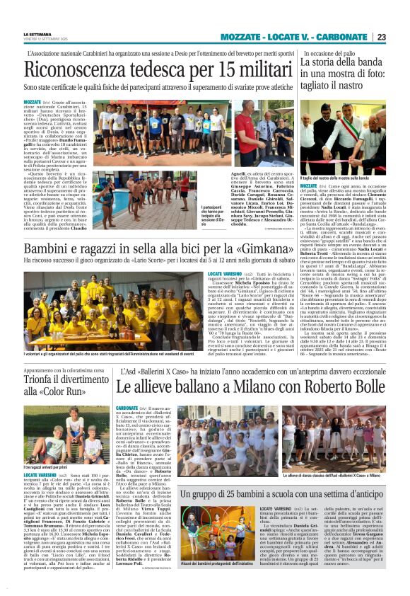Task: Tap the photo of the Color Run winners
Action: pos(66,431)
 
